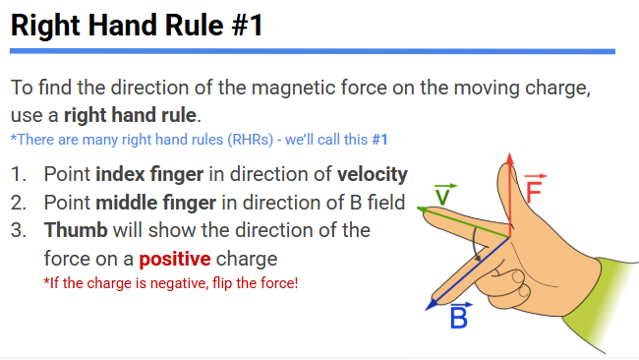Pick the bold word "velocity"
click(372, 175)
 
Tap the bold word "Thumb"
click(76, 232)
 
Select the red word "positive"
click(174, 261)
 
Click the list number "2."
click(20, 204)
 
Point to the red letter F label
click(535, 190)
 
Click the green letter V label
click(444, 193)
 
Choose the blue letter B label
click(459, 317)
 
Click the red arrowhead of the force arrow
click(508, 160)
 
